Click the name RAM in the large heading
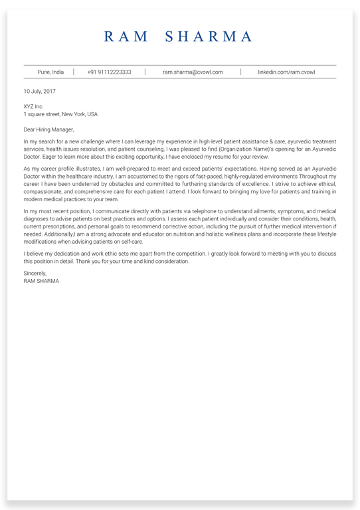(126, 37)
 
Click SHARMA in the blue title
(209, 37)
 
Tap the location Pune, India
(50, 72)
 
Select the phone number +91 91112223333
(109, 72)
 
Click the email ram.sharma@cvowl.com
(193, 72)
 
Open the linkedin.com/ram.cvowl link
(286, 72)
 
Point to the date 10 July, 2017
(39, 91)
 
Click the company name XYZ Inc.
(33, 106)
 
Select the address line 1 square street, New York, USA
(60, 114)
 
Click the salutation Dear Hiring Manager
(48, 129)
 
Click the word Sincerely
(35, 273)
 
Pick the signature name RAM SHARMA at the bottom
(41, 281)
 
